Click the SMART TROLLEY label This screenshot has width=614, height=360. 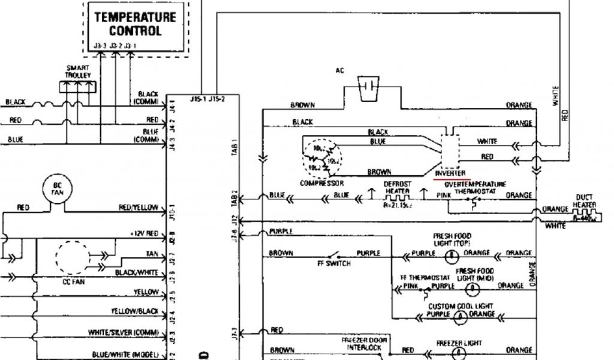(x=78, y=72)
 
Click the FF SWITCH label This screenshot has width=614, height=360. (x=333, y=263)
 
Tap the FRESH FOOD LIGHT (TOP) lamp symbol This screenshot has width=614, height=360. (x=448, y=254)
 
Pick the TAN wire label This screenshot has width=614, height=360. (x=152, y=254)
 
